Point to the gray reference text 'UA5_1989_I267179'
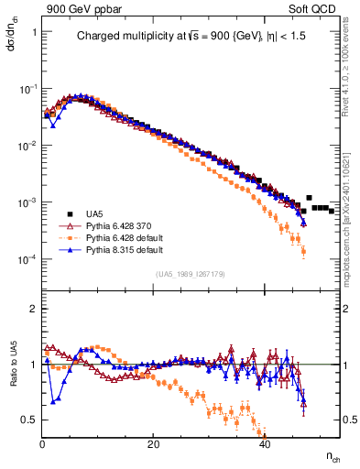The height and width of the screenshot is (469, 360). click(x=190, y=274)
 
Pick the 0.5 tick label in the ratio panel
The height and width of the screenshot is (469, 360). click(x=29, y=420)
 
